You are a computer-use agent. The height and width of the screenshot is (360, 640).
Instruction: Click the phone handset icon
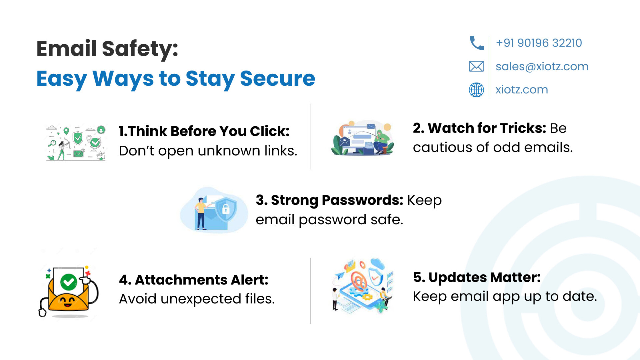pyautogui.click(x=477, y=43)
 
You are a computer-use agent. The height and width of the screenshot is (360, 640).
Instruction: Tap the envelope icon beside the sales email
pyautogui.click(x=476, y=66)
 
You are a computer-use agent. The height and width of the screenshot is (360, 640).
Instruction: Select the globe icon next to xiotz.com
pyautogui.click(x=476, y=90)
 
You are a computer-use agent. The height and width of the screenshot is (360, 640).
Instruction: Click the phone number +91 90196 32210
pyautogui.click(x=539, y=43)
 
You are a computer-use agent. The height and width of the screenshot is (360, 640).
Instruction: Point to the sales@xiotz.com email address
pyautogui.click(x=542, y=66)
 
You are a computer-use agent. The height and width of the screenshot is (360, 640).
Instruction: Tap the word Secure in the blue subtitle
pyautogui.click(x=277, y=79)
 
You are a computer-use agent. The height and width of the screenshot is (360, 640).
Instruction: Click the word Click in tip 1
pyautogui.click(x=270, y=131)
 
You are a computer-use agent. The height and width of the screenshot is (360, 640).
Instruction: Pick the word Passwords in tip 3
pyautogui.click(x=363, y=200)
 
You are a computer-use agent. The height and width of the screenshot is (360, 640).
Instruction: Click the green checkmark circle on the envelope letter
pyautogui.click(x=69, y=282)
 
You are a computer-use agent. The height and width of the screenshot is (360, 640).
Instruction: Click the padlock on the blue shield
pyautogui.click(x=226, y=209)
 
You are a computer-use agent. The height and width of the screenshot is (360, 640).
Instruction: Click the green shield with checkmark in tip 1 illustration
pyautogui.click(x=78, y=138)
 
